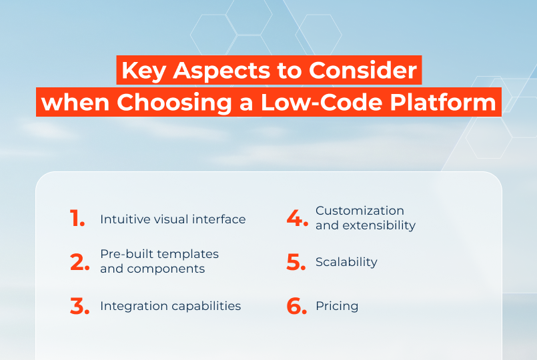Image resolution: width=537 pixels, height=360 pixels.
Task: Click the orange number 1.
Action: pyautogui.click(x=75, y=219)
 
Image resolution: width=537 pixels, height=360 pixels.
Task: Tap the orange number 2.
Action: pyautogui.click(x=79, y=262)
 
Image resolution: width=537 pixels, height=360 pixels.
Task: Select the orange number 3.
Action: pyautogui.click(x=79, y=306)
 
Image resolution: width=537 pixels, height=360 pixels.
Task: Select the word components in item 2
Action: pyautogui.click(x=165, y=269)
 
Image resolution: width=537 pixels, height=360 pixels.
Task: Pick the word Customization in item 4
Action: pyautogui.click(x=360, y=211)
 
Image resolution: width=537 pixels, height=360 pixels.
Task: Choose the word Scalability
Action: pyautogui.click(x=346, y=262)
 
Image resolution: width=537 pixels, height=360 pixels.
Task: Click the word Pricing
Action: pyautogui.click(x=337, y=307)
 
